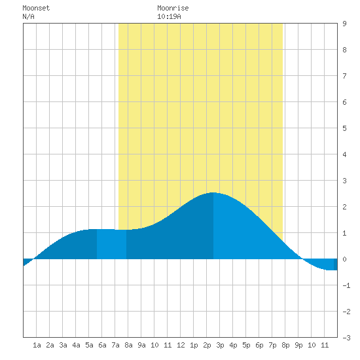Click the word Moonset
coord(36,8)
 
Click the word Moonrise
coord(173,8)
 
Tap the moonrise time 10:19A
coord(169,16)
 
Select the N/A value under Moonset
coord(28,16)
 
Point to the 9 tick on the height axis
coord(344,24)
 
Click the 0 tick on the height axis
coord(344,259)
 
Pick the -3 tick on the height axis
coord(346,338)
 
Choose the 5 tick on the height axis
coord(344,128)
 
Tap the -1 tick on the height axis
coord(346,285)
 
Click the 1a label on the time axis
coord(37,345)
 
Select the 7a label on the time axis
coord(115,345)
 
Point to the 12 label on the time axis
coord(181,345)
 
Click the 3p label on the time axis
coord(220,345)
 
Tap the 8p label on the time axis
coord(285,345)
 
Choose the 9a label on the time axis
coord(141,345)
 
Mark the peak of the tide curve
coord(213,192)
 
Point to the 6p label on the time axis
coord(259,345)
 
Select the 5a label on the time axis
coord(89,345)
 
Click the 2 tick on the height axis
coord(344,207)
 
